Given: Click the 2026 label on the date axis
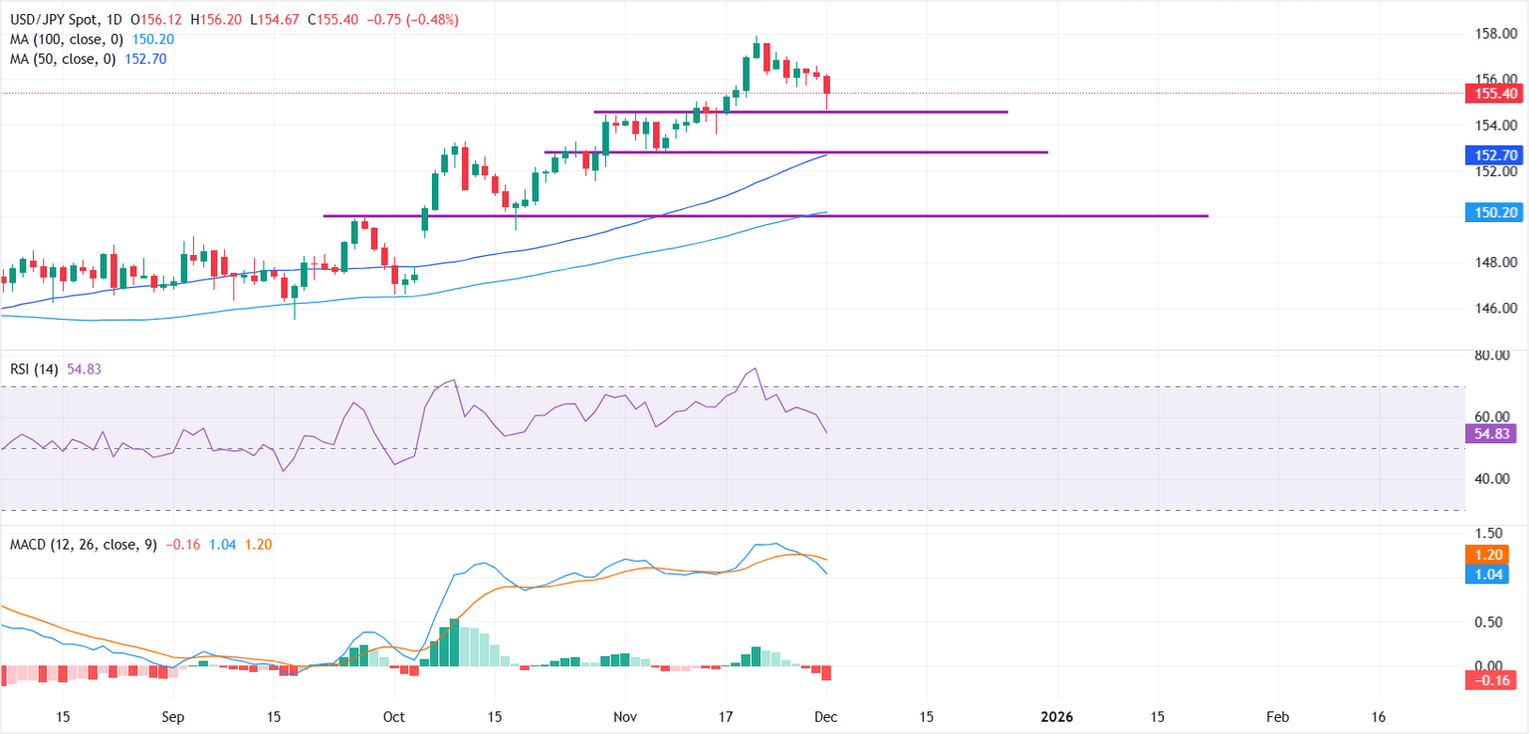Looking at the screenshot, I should [x=1055, y=717].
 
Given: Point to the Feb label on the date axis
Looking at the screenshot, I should [x=1278, y=717].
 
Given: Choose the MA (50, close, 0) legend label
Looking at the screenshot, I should [x=57, y=60].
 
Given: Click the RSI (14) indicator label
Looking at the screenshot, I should [x=33, y=369].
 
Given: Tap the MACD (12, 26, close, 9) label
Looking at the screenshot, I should [x=80, y=545].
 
